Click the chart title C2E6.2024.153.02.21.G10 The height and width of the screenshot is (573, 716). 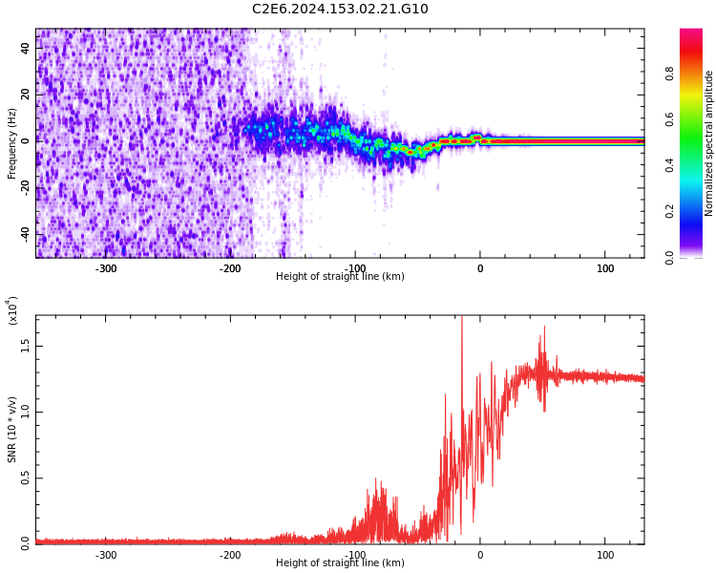click(340, 10)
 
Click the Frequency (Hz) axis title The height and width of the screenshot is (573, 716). click(12, 143)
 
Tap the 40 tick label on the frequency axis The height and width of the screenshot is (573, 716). click(26, 49)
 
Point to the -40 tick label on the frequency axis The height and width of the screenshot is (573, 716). click(26, 234)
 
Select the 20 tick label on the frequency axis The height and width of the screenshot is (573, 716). click(26, 95)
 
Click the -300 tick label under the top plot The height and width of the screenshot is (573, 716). click(105, 268)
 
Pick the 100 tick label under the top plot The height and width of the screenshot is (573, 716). click(605, 268)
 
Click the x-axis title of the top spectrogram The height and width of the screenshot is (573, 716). click(340, 277)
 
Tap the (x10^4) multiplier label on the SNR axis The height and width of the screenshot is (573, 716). click(12, 310)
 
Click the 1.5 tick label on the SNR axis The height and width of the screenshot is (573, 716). click(26, 346)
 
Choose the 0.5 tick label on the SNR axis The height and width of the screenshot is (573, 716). click(26, 477)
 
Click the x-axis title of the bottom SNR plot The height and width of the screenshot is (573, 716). click(340, 563)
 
